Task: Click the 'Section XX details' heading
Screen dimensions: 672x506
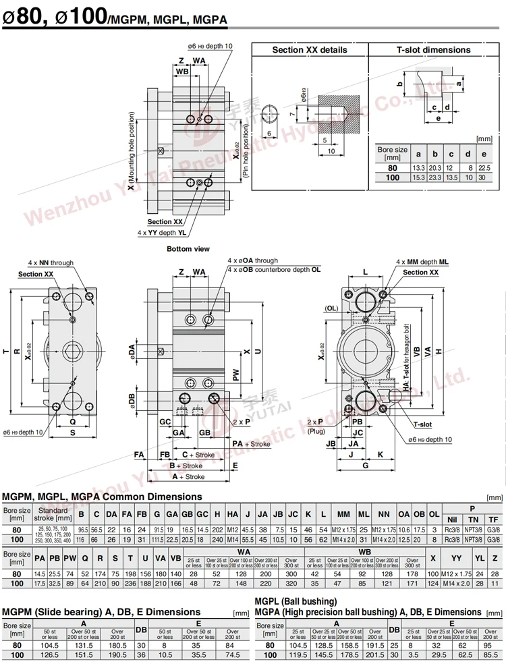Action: [310, 50]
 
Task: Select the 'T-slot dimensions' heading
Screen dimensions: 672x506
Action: [433, 50]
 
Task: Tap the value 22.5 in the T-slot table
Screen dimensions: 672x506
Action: [483, 167]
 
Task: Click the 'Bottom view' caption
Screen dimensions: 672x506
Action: [188, 249]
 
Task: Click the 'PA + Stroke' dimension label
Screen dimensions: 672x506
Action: [251, 444]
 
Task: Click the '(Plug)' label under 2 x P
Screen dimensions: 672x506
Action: [316, 430]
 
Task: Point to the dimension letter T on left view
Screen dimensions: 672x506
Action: [6, 351]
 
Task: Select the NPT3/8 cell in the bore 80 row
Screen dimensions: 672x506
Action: [473, 531]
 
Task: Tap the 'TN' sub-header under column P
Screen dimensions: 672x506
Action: [473, 520]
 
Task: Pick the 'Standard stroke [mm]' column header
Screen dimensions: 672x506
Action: [53, 515]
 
